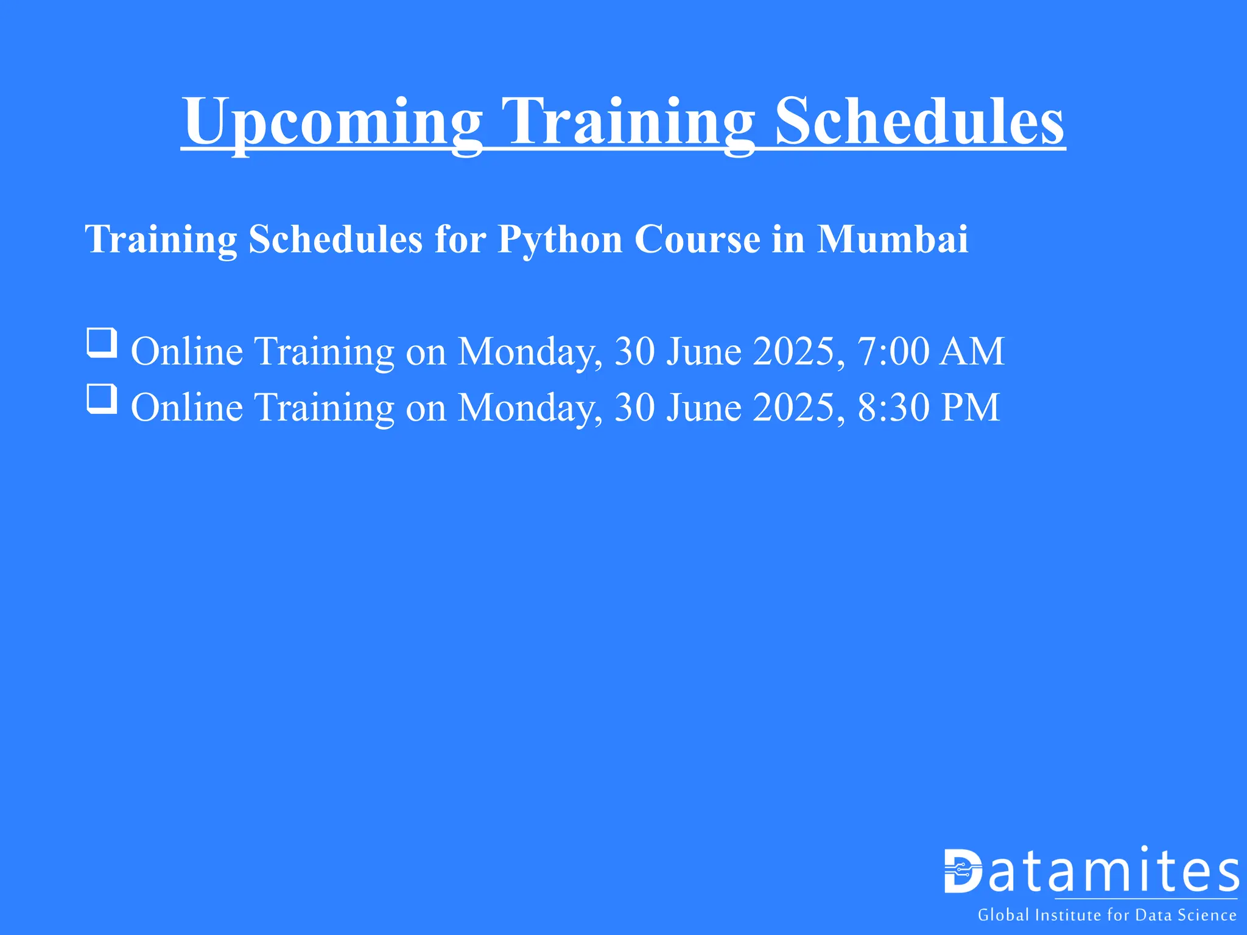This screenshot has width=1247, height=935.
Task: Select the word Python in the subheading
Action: pyautogui.click(x=560, y=239)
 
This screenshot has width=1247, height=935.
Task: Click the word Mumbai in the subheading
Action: pyautogui.click(x=892, y=239)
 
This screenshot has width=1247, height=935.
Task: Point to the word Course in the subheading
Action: pyautogui.click(x=697, y=239)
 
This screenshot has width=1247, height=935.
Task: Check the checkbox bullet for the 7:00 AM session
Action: pyautogui.click(x=102, y=342)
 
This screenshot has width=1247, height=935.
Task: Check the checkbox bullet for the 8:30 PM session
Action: pyautogui.click(x=102, y=398)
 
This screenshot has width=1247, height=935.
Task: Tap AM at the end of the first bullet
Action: pyautogui.click(x=971, y=351)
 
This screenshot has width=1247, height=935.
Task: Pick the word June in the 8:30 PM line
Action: pyautogui.click(x=704, y=407)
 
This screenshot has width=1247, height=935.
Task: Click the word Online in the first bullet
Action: pyautogui.click(x=187, y=351)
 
